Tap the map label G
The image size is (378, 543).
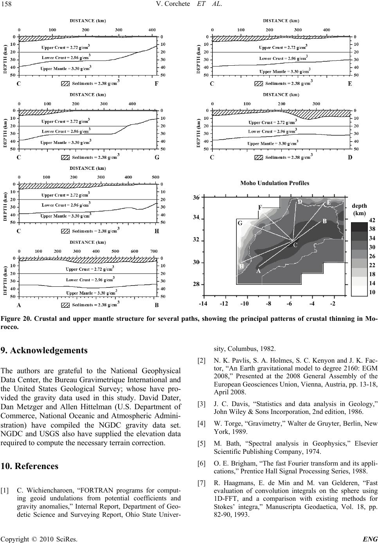pos(240,223)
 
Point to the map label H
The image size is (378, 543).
pos(241,266)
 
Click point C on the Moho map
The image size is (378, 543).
pos(295,245)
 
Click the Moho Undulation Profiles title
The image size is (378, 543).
pos(275,183)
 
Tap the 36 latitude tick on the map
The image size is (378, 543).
pos(196,198)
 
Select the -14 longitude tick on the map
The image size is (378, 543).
pos(203,304)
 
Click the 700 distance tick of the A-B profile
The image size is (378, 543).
pos(153,251)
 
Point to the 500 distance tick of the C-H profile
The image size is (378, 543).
pos(155,177)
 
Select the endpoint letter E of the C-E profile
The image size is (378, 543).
pos(350,84)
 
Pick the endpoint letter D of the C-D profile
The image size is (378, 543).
pos(350,158)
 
